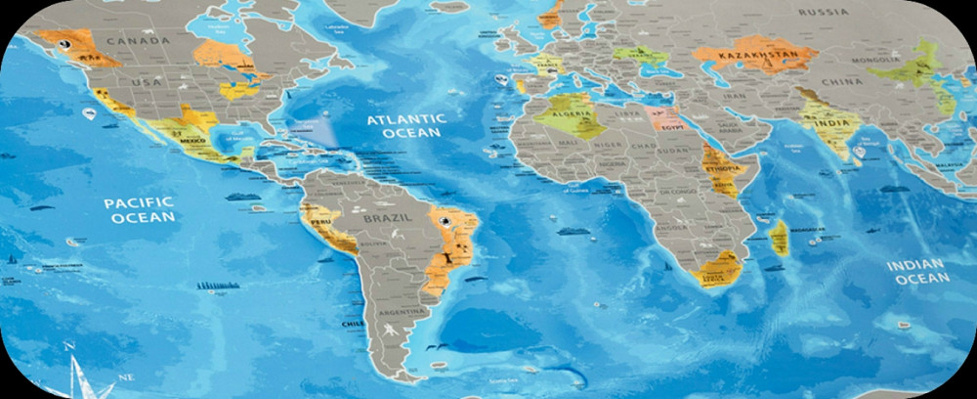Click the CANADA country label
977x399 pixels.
(x=138, y=41)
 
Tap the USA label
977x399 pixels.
(x=146, y=82)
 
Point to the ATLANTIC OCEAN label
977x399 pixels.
(x=406, y=126)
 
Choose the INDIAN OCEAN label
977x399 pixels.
(x=916, y=272)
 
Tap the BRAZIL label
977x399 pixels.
(x=382, y=220)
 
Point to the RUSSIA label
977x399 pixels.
(x=823, y=12)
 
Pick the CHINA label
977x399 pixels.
(x=841, y=81)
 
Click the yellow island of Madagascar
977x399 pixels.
(x=779, y=238)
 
